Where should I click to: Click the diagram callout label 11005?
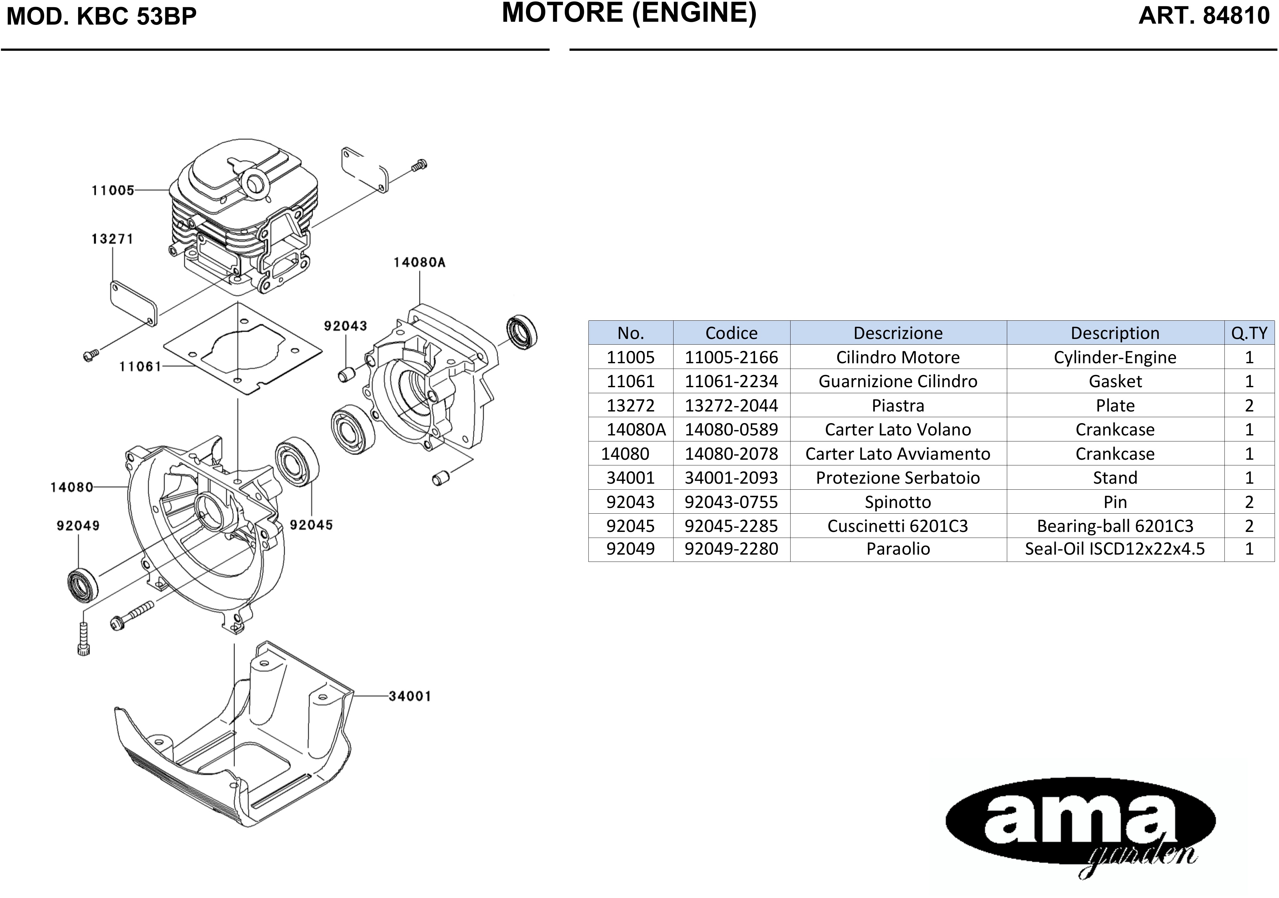point(113,190)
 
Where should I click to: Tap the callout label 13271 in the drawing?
point(113,239)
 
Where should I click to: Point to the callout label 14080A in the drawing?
point(419,262)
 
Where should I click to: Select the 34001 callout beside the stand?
point(410,696)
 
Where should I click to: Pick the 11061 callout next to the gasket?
point(140,367)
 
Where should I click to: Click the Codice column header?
point(731,333)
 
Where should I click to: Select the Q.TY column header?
point(1249,333)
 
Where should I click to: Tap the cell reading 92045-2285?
point(731,526)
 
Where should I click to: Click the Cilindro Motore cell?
point(898,357)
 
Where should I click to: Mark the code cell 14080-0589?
point(731,429)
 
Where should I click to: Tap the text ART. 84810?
point(1204,15)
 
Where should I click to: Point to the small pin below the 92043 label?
point(347,374)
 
